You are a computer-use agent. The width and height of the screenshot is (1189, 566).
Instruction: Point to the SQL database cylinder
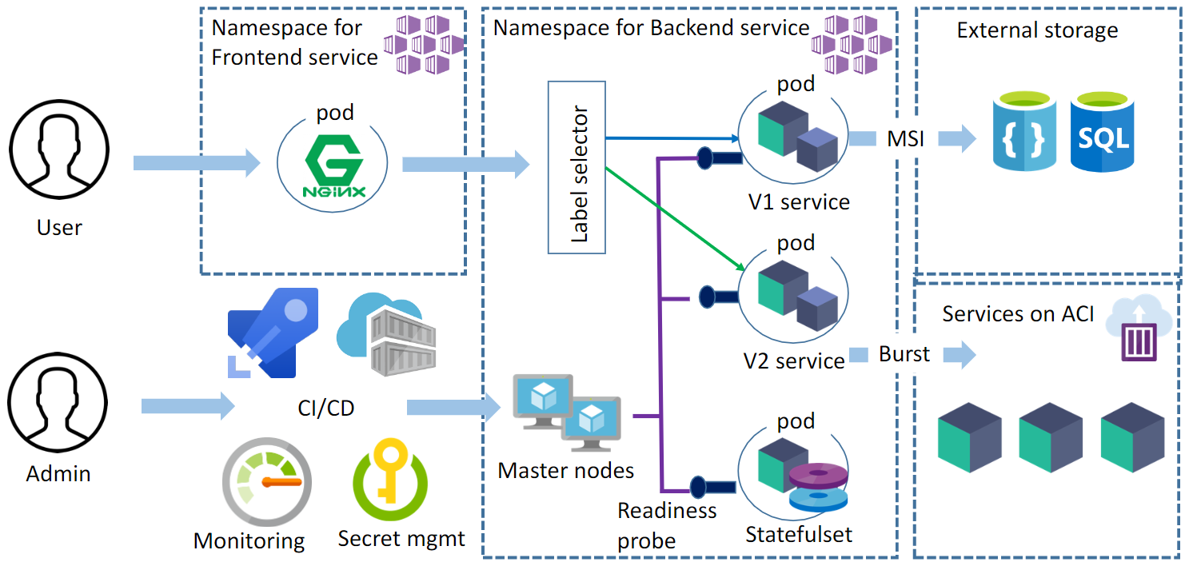(1103, 133)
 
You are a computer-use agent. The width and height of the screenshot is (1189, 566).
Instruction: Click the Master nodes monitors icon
(565, 412)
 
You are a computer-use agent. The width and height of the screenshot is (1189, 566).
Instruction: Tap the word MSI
(906, 139)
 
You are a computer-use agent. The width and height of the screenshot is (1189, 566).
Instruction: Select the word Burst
(904, 354)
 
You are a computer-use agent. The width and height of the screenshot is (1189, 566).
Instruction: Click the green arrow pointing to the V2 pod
(676, 216)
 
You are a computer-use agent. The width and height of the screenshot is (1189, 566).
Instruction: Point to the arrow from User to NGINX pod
(196, 163)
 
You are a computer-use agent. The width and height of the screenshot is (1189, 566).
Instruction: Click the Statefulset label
(799, 533)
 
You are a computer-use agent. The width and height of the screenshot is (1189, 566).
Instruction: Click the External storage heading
(1037, 31)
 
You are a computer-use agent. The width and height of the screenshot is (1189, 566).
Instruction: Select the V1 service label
(799, 201)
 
